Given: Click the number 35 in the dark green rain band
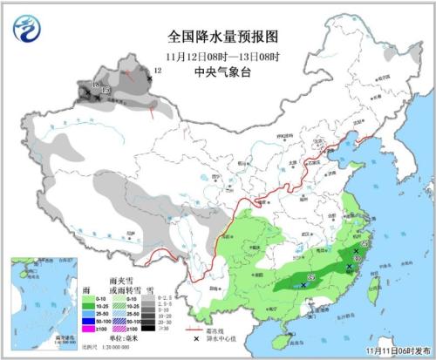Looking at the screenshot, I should point(310,279).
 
